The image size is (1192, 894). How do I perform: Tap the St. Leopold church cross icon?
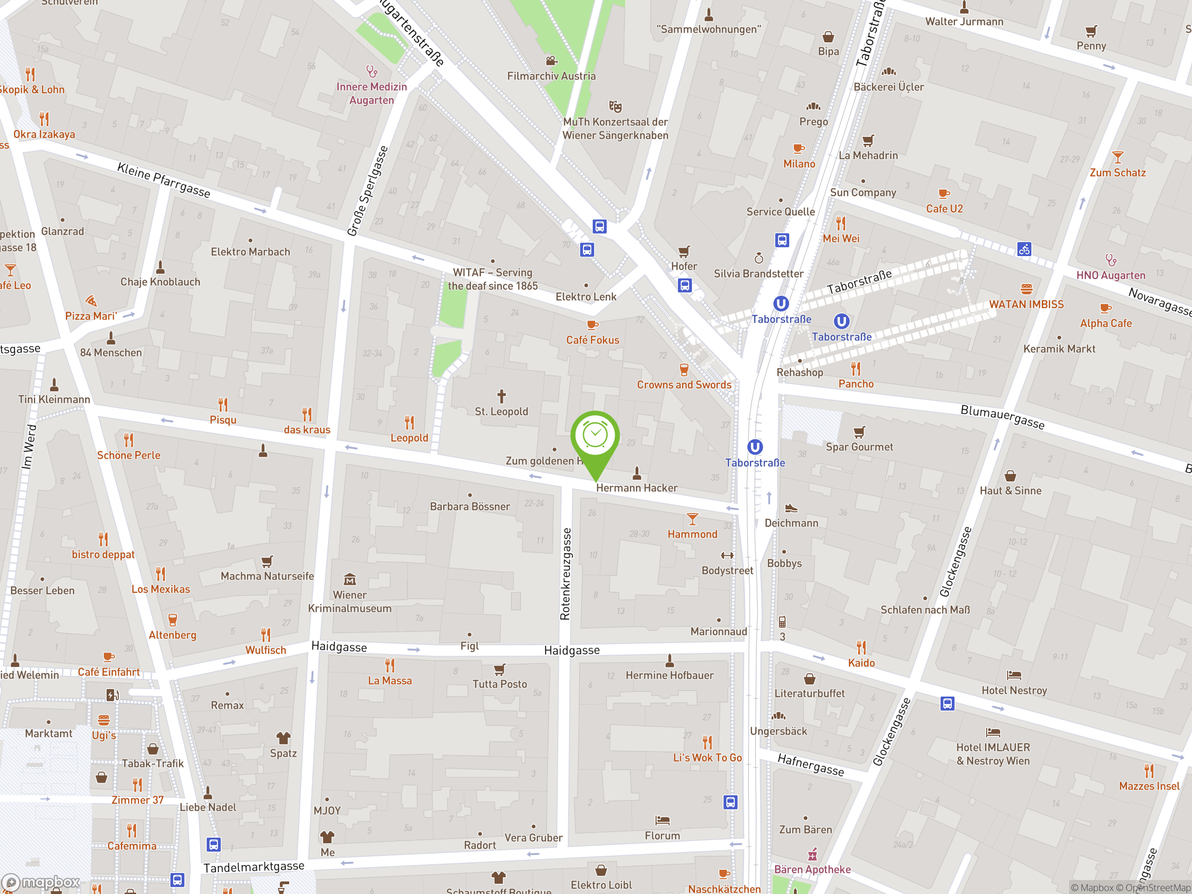click(501, 396)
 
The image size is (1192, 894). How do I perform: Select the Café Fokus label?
click(592, 340)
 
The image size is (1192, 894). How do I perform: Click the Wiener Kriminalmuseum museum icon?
click(350, 579)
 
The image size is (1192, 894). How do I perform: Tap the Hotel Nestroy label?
click(1014, 691)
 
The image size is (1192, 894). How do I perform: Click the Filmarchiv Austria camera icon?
click(551, 61)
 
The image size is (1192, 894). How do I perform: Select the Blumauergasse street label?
click(1002, 417)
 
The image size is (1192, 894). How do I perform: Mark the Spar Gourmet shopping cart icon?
click(859, 432)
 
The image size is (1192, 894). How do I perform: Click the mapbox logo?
click(41, 882)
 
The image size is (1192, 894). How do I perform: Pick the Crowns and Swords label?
click(684, 385)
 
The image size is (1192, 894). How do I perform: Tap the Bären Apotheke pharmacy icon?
click(812, 855)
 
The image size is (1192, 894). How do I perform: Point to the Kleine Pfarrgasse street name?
click(164, 180)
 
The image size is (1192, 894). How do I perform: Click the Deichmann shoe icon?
click(791, 508)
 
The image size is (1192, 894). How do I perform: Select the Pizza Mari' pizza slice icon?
click(91, 301)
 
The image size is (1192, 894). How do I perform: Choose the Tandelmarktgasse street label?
click(254, 867)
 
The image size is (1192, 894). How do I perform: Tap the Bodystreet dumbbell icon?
click(727, 555)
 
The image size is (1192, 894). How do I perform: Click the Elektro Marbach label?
click(250, 251)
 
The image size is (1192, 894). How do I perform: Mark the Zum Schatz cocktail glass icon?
click(1117, 157)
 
